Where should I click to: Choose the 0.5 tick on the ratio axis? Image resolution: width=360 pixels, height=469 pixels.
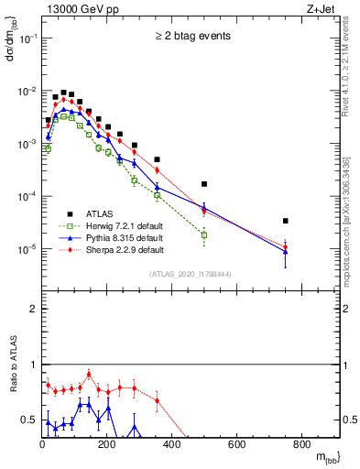(x=29, y=420)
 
